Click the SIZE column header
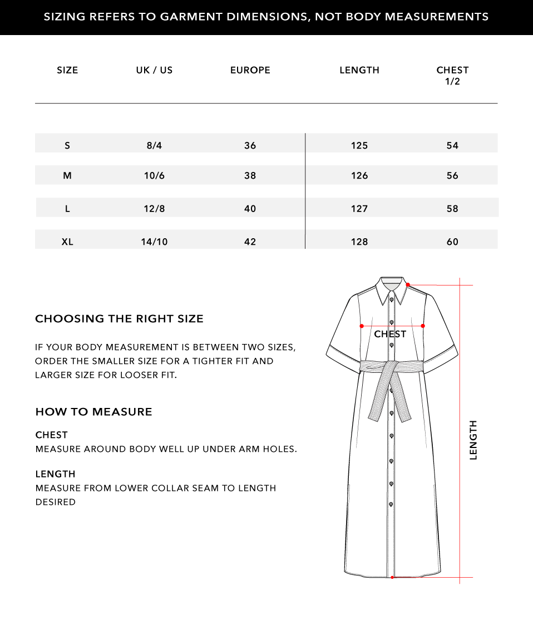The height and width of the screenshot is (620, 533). [x=67, y=70]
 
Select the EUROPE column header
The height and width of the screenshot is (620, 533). [x=250, y=70]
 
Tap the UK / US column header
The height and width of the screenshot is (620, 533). [x=154, y=70]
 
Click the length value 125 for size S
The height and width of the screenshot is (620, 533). [x=359, y=145]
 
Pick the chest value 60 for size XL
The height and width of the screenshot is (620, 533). [x=452, y=242]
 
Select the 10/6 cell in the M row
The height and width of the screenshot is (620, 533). [x=154, y=175]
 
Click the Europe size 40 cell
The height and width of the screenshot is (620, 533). [x=250, y=209]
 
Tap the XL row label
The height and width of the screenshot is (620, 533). [x=67, y=242]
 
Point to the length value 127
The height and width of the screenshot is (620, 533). [x=359, y=209]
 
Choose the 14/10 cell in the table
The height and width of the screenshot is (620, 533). [x=154, y=242]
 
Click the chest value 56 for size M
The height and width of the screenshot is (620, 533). [x=452, y=175]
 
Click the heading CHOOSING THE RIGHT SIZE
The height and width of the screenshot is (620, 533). [x=119, y=319]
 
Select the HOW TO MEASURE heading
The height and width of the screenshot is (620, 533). [x=93, y=412]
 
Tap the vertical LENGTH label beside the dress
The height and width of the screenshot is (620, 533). [x=473, y=440]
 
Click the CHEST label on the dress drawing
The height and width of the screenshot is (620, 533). [x=390, y=334]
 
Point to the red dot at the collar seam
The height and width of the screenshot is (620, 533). [x=408, y=285]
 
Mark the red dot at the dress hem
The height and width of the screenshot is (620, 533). [x=392, y=577]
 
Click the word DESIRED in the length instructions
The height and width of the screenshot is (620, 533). [x=56, y=502]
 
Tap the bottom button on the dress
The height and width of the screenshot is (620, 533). [x=391, y=504]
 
